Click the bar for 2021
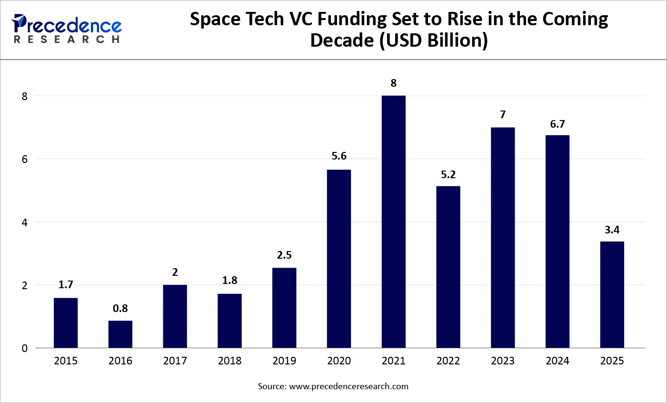pyautogui.click(x=393, y=222)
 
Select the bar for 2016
pyautogui.click(x=120, y=334)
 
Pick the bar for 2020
pyautogui.click(x=339, y=259)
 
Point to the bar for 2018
pyautogui.click(x=229, y=321)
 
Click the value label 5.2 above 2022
pyautogui.click(x=448, y=175)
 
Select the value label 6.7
pyautogui.click(x=557, y=124)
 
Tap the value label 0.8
pyautogui.click(x=120, y=309)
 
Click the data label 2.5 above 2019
pyautogui.click(x=284, y=255)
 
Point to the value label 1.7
pyautogui.click(x=66, y=285)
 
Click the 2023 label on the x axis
pyautogui.click(x=503, y=361)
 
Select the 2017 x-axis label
pyautogui.click(x=175, y=361)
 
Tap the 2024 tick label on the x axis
pyautogui.click(x=557, y=361)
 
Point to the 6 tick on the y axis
pyautogui.click(x=25, y=159)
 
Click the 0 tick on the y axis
pyautogui.click(x=25, y=348)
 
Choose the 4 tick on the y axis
pyautogui.click(x=25, y=222)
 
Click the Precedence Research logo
pyautogui.click(x=67, y=29)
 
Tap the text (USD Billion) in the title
pyautogui.click(x=434, y=40)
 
